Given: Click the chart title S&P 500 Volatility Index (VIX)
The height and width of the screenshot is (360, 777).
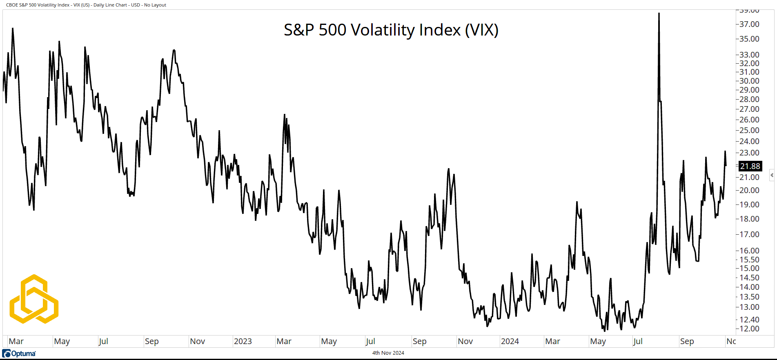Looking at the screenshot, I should click(x=391, y=30).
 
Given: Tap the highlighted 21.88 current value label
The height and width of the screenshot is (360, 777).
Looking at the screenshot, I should click(x=750, y=166).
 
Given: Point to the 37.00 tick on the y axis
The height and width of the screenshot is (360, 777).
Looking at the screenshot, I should click(x=749, y=24).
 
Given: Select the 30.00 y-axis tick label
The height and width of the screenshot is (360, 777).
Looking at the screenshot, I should click(x=749, y=81).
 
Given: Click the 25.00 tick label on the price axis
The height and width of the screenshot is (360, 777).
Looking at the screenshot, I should click(x=749, y=130).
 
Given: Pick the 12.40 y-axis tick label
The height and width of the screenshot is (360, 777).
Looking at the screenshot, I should click(x=749, y=320).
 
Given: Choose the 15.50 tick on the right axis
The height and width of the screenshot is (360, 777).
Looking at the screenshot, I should click(x=749, y=260).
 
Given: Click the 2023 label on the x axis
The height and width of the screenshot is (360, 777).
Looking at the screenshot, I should click(x=243, y=341).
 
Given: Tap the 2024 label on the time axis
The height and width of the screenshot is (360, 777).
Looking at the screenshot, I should click(x=510, y=341).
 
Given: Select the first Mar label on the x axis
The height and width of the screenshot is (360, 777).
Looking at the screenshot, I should click(x=16, y=341).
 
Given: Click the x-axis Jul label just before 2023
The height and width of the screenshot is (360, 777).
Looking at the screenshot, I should click(x=103, y=341).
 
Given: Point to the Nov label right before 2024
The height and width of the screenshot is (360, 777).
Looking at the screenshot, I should click(x=465, y=341).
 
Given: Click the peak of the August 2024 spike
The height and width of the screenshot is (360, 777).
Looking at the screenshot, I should click(x=659, y=13).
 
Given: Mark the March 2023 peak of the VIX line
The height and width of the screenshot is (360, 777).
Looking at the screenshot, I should click(x=284, y=115).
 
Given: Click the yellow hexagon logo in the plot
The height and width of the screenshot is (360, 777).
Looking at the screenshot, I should click(x=34, y=299).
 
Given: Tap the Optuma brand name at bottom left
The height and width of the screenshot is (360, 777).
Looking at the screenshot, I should click(x=23, y=353).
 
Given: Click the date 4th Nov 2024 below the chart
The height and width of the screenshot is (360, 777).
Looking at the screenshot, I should click(x=388, y=353).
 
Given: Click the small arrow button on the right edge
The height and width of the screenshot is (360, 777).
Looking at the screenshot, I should click(x=772, y=175).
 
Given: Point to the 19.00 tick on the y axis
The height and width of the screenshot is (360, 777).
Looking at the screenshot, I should click(x=749, y=204).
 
